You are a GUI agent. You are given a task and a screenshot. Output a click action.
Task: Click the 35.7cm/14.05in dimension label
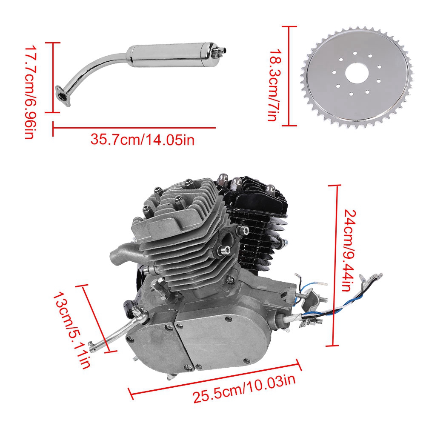[142, 139]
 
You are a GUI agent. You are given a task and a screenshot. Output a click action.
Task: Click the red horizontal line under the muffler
[134, 127]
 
